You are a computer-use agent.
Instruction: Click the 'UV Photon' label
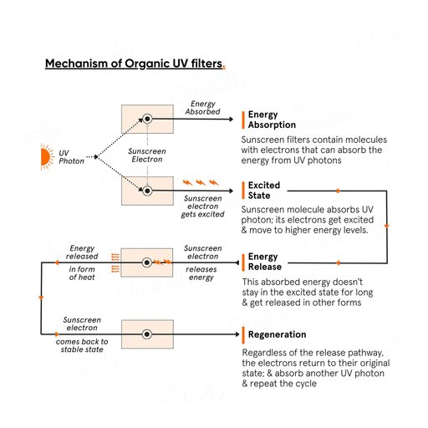click(71, 157)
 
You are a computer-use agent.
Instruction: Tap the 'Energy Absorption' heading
click(272, 120)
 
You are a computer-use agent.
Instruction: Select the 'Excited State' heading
click(264, 191)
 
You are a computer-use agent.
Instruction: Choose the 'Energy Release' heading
click(265, 262)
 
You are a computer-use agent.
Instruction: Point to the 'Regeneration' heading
click(277, 334)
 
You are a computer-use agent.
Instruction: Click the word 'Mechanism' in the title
click(77, 64)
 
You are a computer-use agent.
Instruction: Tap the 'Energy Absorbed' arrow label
click(202, 108)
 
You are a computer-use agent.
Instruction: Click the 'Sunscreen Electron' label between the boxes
click(147, 155)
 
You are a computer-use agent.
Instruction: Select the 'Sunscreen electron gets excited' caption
click(202, 206)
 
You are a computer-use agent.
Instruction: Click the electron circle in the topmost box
click(147, 119)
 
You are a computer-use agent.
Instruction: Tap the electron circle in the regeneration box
click(147, 334)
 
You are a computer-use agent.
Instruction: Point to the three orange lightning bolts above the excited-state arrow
click(201, 183)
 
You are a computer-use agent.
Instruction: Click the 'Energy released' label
click(82, 252)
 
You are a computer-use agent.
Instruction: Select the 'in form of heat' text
click(82, 273)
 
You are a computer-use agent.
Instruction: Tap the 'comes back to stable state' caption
click(82, 345)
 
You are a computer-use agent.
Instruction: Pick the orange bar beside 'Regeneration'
click(243, 335)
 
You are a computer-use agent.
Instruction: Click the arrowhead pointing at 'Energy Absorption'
click(231, 119)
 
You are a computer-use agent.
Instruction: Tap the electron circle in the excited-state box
click(147, 191)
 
